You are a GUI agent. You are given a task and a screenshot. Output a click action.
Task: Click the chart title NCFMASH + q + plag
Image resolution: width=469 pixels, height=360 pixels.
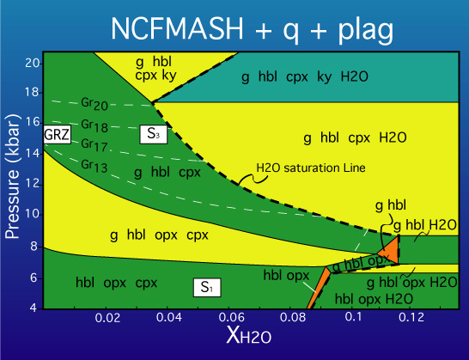[x=252, y=29]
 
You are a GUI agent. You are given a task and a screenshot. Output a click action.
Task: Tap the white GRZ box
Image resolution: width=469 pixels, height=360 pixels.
[x=58, y=134]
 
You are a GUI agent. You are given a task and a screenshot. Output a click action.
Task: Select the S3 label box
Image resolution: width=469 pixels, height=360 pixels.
[x=154, y=134]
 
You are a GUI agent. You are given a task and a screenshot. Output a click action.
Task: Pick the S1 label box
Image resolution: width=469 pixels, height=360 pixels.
[x=207, y=288]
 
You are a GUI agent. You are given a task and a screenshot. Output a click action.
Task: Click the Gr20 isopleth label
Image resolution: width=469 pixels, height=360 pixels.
[x=94, y=104]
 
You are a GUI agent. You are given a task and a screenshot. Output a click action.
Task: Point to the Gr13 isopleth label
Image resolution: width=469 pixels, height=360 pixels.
[x=94, y=166]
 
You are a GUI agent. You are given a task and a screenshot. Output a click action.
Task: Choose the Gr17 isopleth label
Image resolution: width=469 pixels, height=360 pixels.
[x=94, y=145]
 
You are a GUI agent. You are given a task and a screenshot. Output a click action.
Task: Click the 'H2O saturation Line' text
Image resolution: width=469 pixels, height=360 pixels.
[x=311, y=168]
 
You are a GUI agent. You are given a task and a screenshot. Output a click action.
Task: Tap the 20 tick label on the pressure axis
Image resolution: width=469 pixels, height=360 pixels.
[x=32, y=63]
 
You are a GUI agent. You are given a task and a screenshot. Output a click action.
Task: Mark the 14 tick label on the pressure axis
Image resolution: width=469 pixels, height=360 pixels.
[x=32, y=154]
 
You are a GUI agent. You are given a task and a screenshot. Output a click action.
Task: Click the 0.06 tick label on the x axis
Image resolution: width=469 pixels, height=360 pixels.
[x=231, y=318]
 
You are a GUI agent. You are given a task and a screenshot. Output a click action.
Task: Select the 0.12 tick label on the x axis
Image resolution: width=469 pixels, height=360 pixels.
[x=411, y=318]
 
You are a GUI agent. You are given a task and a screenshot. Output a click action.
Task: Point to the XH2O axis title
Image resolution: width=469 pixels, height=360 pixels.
[x=249, y=334]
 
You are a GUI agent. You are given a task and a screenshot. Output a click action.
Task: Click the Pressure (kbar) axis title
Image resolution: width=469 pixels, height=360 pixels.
[x=13, y=176]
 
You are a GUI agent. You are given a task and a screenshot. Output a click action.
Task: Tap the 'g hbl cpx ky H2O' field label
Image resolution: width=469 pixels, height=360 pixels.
[x=305, y=77]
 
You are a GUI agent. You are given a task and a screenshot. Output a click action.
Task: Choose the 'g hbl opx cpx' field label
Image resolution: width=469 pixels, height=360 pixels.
[x=159, y=235]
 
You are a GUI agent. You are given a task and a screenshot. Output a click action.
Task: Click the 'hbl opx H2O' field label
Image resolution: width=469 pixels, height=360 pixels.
[x=374, y=299]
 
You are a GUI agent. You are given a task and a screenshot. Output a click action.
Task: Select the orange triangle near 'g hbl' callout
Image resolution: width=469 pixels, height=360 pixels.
[x=390, y=250]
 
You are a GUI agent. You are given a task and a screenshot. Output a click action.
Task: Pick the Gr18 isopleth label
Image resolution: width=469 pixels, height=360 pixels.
[x=94, y=125]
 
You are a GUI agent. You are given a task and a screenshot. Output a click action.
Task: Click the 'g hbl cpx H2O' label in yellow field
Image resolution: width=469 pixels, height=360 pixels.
[x=355, y=138]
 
